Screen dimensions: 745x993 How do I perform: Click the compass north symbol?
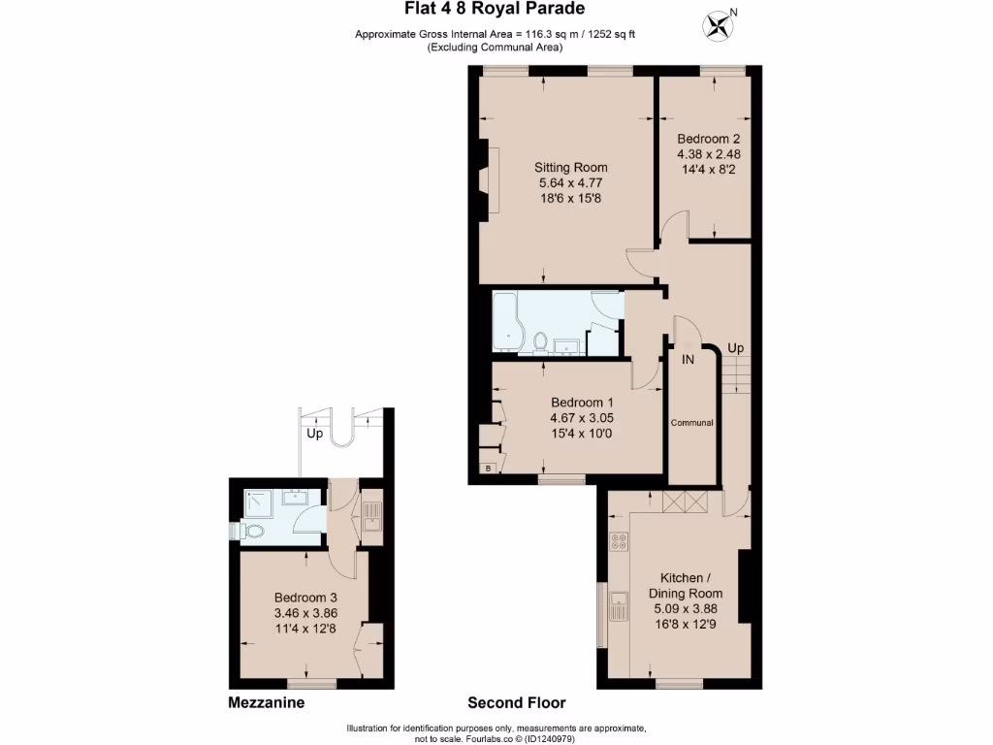pos(720,24)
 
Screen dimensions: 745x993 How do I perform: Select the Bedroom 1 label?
pos(582,403)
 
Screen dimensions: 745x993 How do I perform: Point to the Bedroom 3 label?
pos(305,598)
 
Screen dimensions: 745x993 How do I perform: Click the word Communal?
pos(692,423)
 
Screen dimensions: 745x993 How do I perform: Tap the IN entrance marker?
pos(688,360)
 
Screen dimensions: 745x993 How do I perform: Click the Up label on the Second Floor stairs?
pos(736,348)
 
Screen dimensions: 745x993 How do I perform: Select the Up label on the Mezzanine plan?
pos(315,434)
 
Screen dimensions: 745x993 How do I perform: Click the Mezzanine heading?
pos(267,703)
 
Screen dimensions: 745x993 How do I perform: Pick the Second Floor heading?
pos(516,703)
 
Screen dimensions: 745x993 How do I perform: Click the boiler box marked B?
pos(487,470)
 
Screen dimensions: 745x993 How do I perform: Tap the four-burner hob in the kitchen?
pos(617,542)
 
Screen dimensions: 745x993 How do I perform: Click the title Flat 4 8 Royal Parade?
pos(494,10)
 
